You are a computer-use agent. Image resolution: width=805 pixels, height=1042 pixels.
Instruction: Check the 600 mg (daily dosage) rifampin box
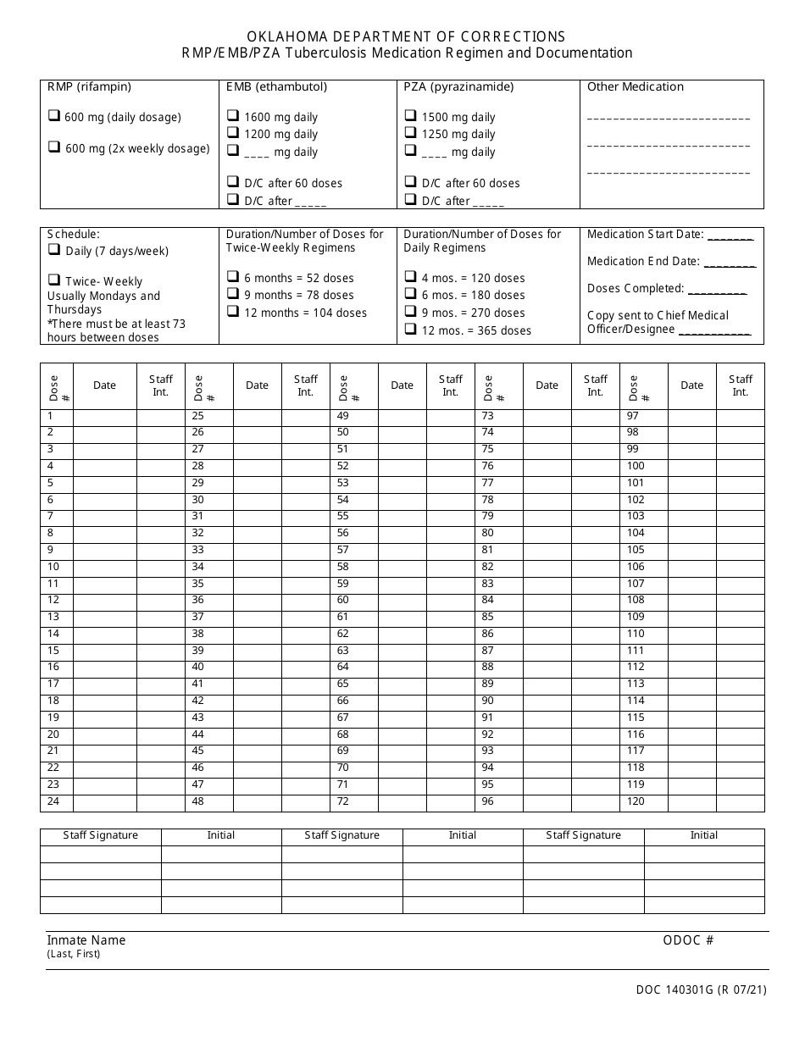[53, 117]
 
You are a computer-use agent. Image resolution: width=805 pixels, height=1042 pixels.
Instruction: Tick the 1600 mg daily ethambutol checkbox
[232, 116]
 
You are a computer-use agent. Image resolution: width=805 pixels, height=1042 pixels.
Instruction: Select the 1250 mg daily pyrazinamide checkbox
[410, 133]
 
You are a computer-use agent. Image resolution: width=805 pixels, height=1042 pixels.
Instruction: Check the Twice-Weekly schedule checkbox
[53, 280]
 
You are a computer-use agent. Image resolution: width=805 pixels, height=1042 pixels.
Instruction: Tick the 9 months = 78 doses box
[232, 294]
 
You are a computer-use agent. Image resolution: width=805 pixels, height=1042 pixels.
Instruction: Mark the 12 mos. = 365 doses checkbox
[410, 330]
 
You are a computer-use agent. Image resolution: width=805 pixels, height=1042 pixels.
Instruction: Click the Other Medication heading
[635, 86]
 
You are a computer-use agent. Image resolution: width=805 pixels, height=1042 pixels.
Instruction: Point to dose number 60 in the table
[342, 600]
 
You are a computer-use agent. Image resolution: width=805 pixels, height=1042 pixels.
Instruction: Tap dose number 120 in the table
[636, 801]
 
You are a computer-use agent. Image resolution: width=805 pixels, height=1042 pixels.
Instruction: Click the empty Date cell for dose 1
[104, 416]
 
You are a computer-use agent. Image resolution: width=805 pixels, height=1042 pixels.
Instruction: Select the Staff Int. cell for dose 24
[160, 801]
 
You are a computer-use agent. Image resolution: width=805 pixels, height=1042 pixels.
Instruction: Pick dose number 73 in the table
[487, 416]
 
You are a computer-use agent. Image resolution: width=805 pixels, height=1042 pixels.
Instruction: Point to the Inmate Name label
[86, 939]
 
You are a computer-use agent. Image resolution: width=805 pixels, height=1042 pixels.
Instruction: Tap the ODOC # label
[688, 939]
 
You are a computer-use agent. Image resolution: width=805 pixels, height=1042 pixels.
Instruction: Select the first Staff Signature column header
[100, 835]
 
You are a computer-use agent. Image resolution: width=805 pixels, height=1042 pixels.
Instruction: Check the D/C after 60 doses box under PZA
[410, 182]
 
